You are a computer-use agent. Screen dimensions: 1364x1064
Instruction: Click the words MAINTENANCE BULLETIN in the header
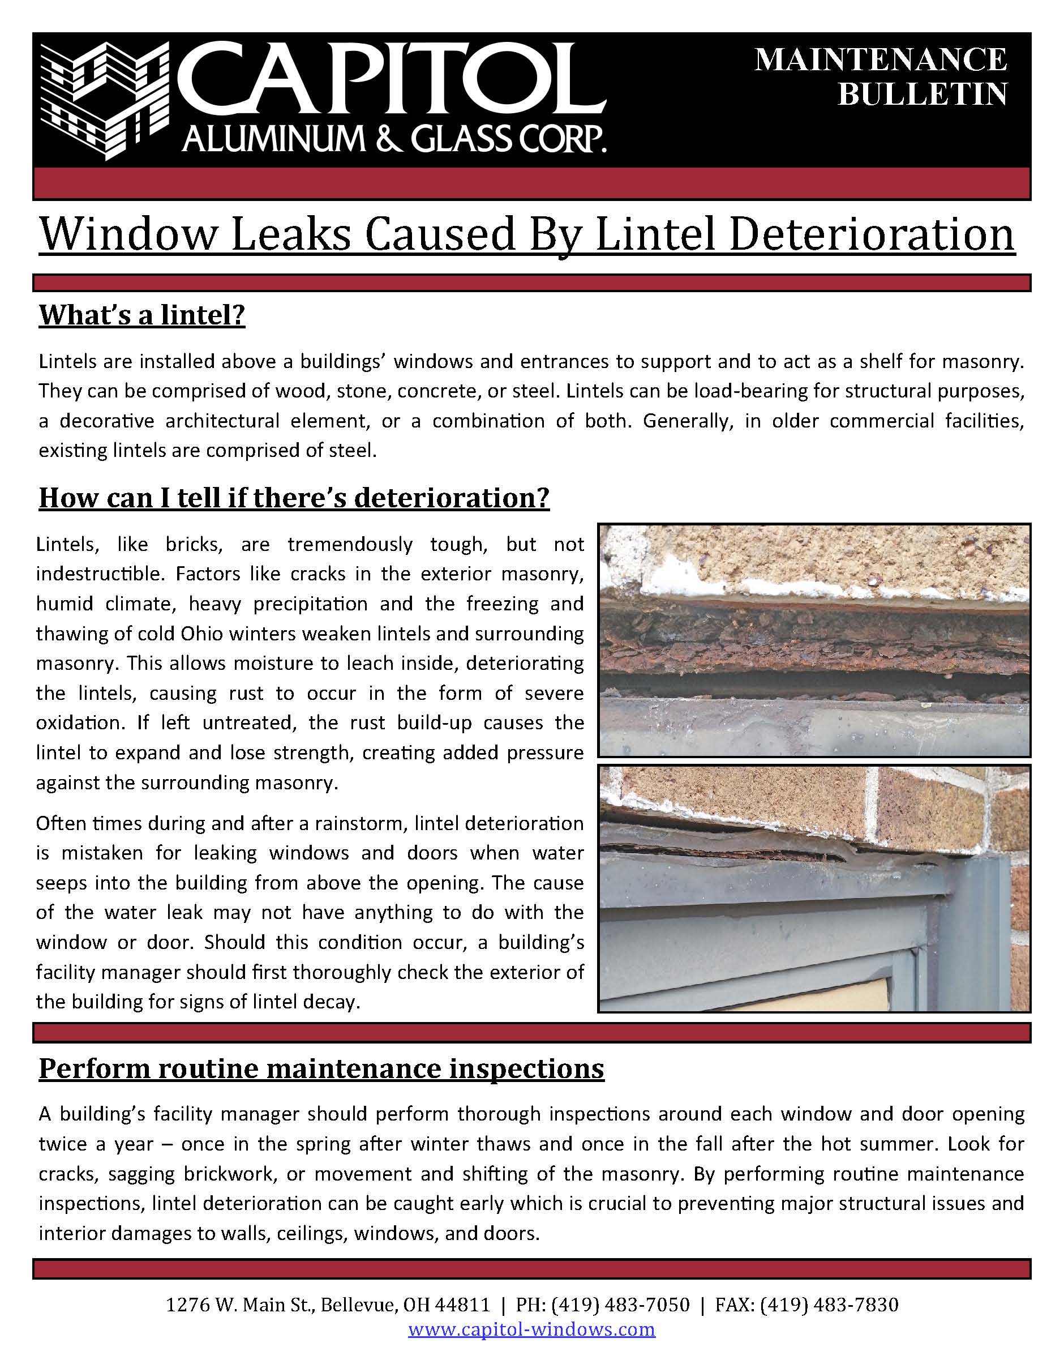pyautogui.click(x=881, y=77)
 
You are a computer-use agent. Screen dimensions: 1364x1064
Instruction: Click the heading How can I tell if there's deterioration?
pyautogui.click(x=294, y=498)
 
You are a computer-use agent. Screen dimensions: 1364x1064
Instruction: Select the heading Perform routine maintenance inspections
pyautogui.click(x=321, y=1068)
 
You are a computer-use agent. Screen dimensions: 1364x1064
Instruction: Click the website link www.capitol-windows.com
pyautogui.click(x=531, y=1328)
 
